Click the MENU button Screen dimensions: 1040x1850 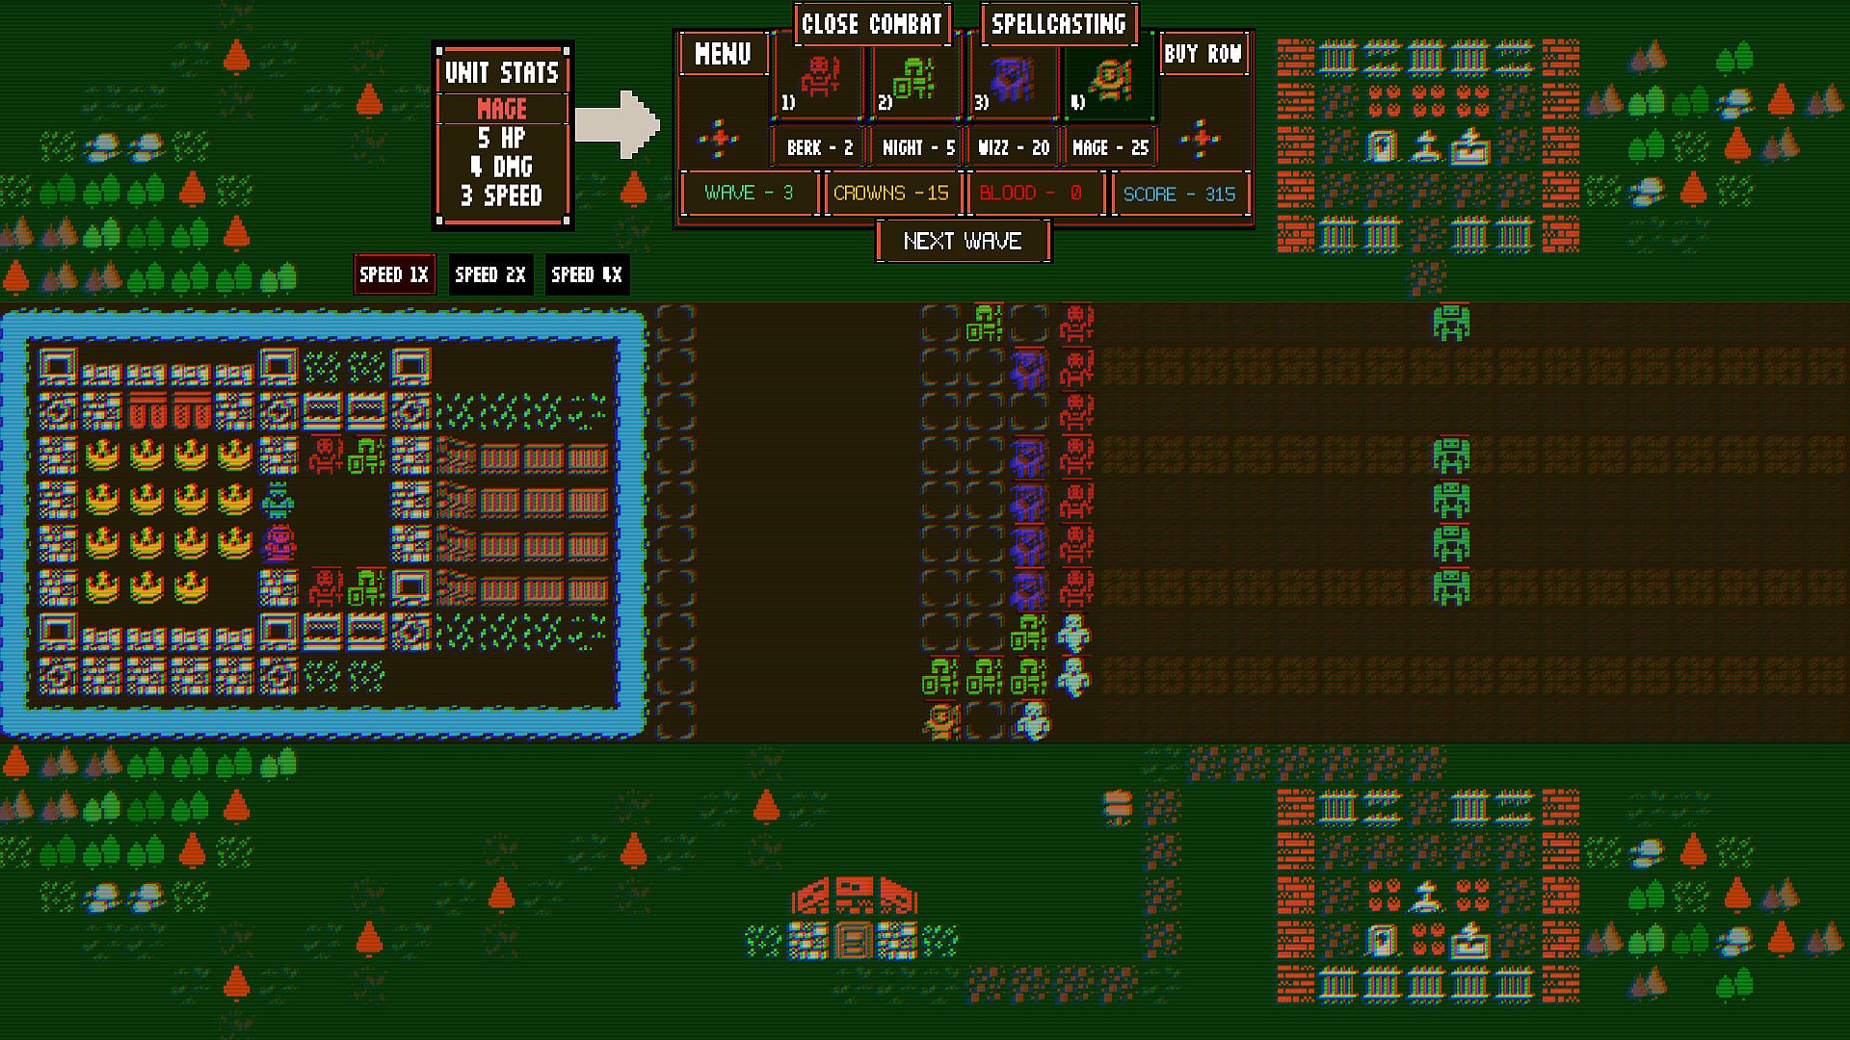pos(723,55)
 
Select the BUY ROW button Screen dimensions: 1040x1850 pos(1202,55)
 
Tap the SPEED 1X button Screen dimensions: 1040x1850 pos(394,275)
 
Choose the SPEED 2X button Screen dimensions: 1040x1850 pos(490,275)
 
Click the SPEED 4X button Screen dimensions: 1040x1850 pos(587,275)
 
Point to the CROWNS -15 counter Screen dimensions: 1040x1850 pos(891,194)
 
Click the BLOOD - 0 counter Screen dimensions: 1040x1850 pos(1031,194)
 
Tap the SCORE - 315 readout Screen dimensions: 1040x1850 pos(1179,194)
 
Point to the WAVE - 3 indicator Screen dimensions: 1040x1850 pos(749,194)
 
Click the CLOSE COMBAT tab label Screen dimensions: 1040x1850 pos(871,24)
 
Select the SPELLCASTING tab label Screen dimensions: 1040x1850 pos(1058,24)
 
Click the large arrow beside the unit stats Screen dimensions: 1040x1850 pos(618,124)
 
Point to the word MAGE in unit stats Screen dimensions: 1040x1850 pos(502,109)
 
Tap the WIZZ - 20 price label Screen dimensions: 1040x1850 pos(1013,148)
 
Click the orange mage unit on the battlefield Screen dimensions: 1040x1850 pos(941,721)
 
